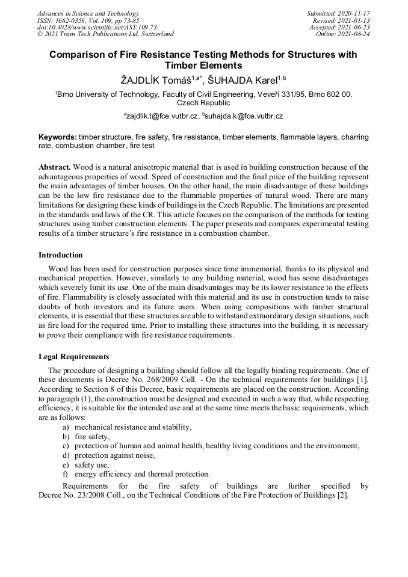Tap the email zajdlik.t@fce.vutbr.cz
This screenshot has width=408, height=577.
(x=161, y=116)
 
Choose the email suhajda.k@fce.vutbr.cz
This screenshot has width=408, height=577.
(x=243, y=116)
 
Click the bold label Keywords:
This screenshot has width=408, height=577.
(x=58, y=137)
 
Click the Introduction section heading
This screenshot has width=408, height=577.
(x=61, y=255)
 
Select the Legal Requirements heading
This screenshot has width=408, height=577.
(x=73, y=356)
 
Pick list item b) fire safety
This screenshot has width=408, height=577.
(x=91, y=436)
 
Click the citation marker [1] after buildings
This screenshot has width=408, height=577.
(x=363, y=380)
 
